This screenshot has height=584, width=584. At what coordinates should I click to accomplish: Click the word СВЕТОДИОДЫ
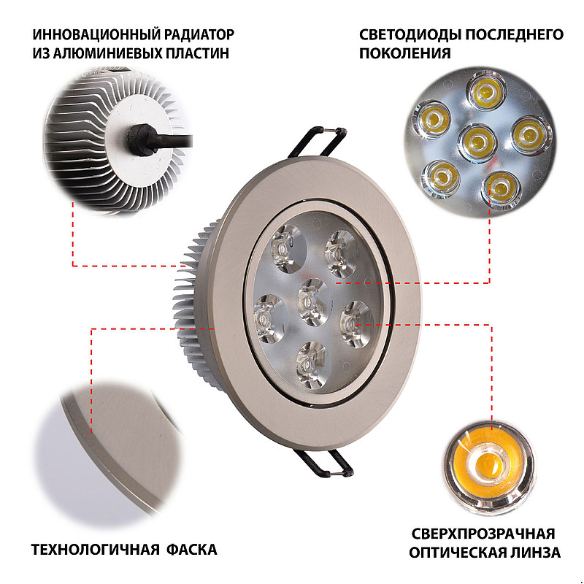click(410, 34)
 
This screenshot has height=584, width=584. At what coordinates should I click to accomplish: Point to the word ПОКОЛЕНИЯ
click(405, 53)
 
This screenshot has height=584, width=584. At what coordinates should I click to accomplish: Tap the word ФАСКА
click(191, 550)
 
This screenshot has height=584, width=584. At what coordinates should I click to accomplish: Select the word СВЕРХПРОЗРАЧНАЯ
click(483, 534)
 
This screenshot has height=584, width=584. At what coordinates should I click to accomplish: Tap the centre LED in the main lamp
click(312, 302)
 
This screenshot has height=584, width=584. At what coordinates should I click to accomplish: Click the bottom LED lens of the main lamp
click(312, 365)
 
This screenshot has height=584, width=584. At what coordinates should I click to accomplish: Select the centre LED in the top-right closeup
click(477, 143)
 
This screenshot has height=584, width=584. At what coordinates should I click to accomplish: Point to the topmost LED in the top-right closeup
click(486, 91)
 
